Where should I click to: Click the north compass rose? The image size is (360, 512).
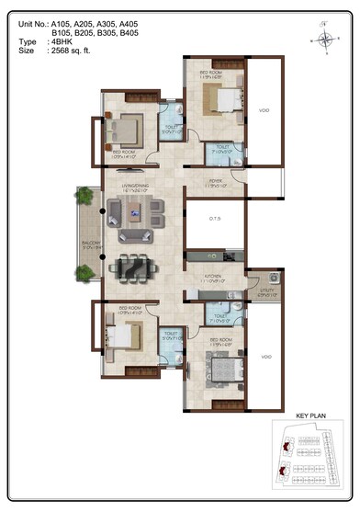(x=325, y=39)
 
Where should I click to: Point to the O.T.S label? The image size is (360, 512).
(x=215, y=217)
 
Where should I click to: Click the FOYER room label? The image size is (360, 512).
(x=216, y=181)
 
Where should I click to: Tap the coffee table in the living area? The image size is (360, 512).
(x=135, y=217)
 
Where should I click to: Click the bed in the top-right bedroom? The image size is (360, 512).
(x=225, y=96)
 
